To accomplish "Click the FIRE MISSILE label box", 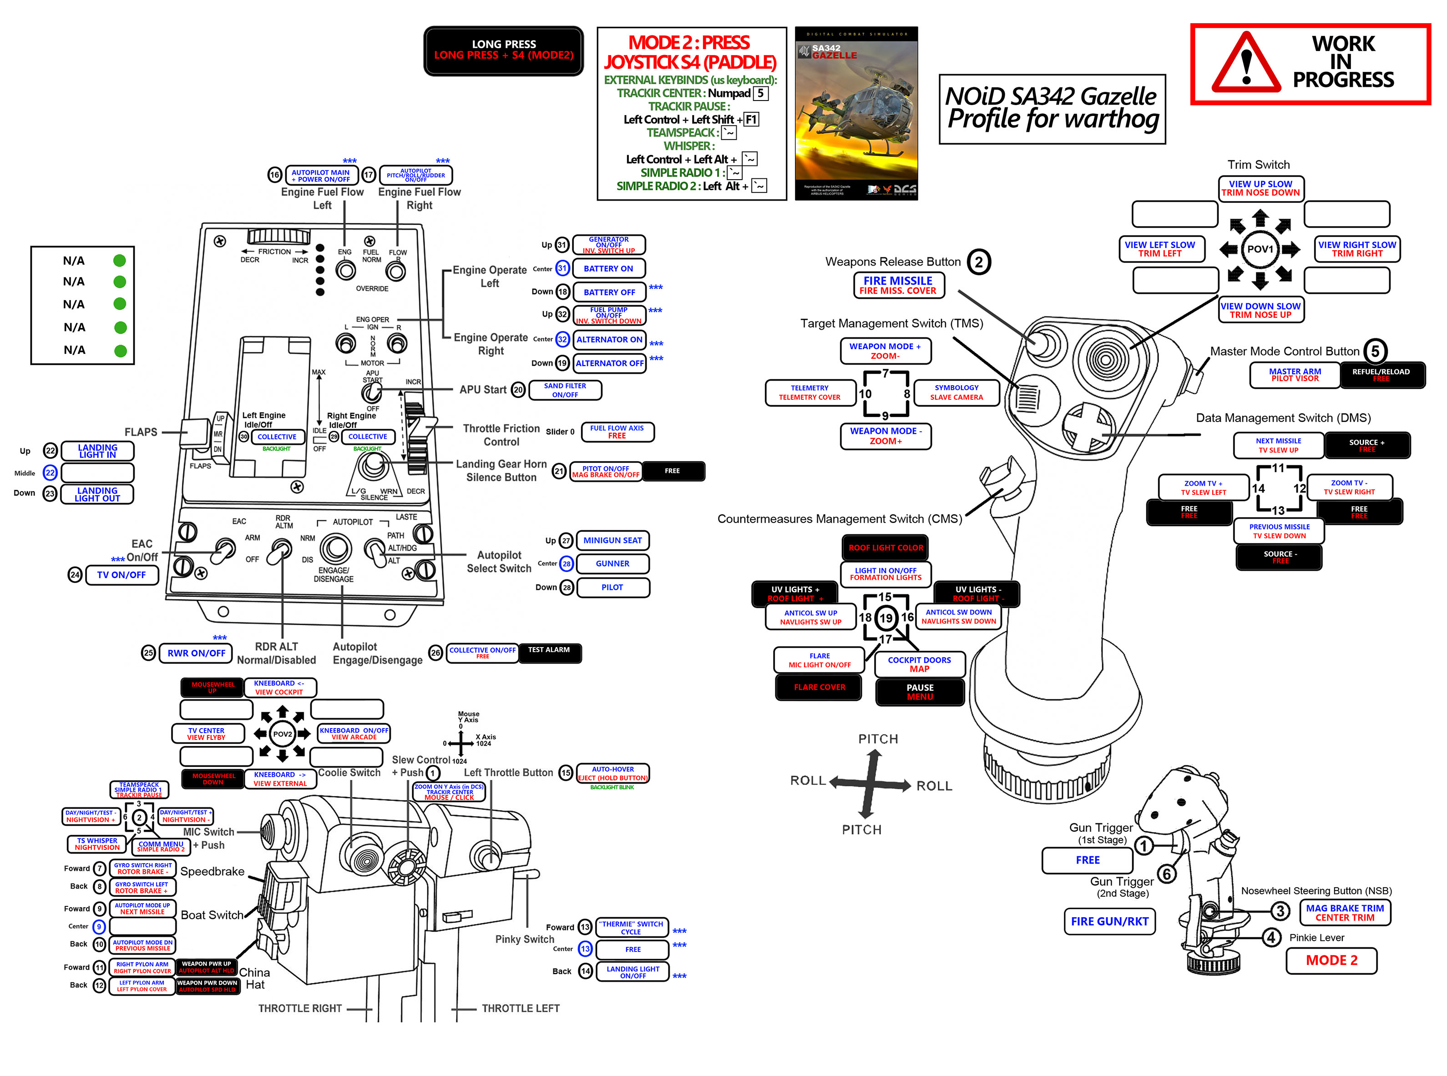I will tap(897, 285).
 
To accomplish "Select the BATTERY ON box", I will tap(608, 268).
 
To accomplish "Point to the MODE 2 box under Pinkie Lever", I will tap(1331, 960).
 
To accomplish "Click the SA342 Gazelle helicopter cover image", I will tap(856, 113).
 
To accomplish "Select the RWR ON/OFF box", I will tap(196, 653).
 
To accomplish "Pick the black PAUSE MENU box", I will tap(919, 692).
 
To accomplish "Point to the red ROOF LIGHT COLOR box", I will tap(885, 548).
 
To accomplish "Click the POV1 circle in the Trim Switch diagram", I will tap(1260, 249).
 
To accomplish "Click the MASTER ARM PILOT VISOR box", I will tap(1295, 375).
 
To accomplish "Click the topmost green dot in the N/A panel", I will tap(119, 261).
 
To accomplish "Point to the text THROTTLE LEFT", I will tap(520, 1008).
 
